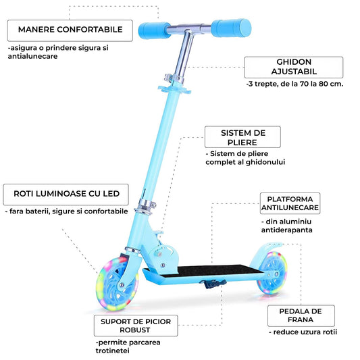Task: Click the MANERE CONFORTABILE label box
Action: click(x=70, y=30)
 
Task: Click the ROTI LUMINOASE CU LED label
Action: click(x=66, y=195)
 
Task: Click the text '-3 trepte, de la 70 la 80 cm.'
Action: click(x=294, y=85)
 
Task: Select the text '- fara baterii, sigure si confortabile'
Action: click(x=66, y=211)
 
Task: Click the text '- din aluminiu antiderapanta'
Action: click(x=286, y=225)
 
